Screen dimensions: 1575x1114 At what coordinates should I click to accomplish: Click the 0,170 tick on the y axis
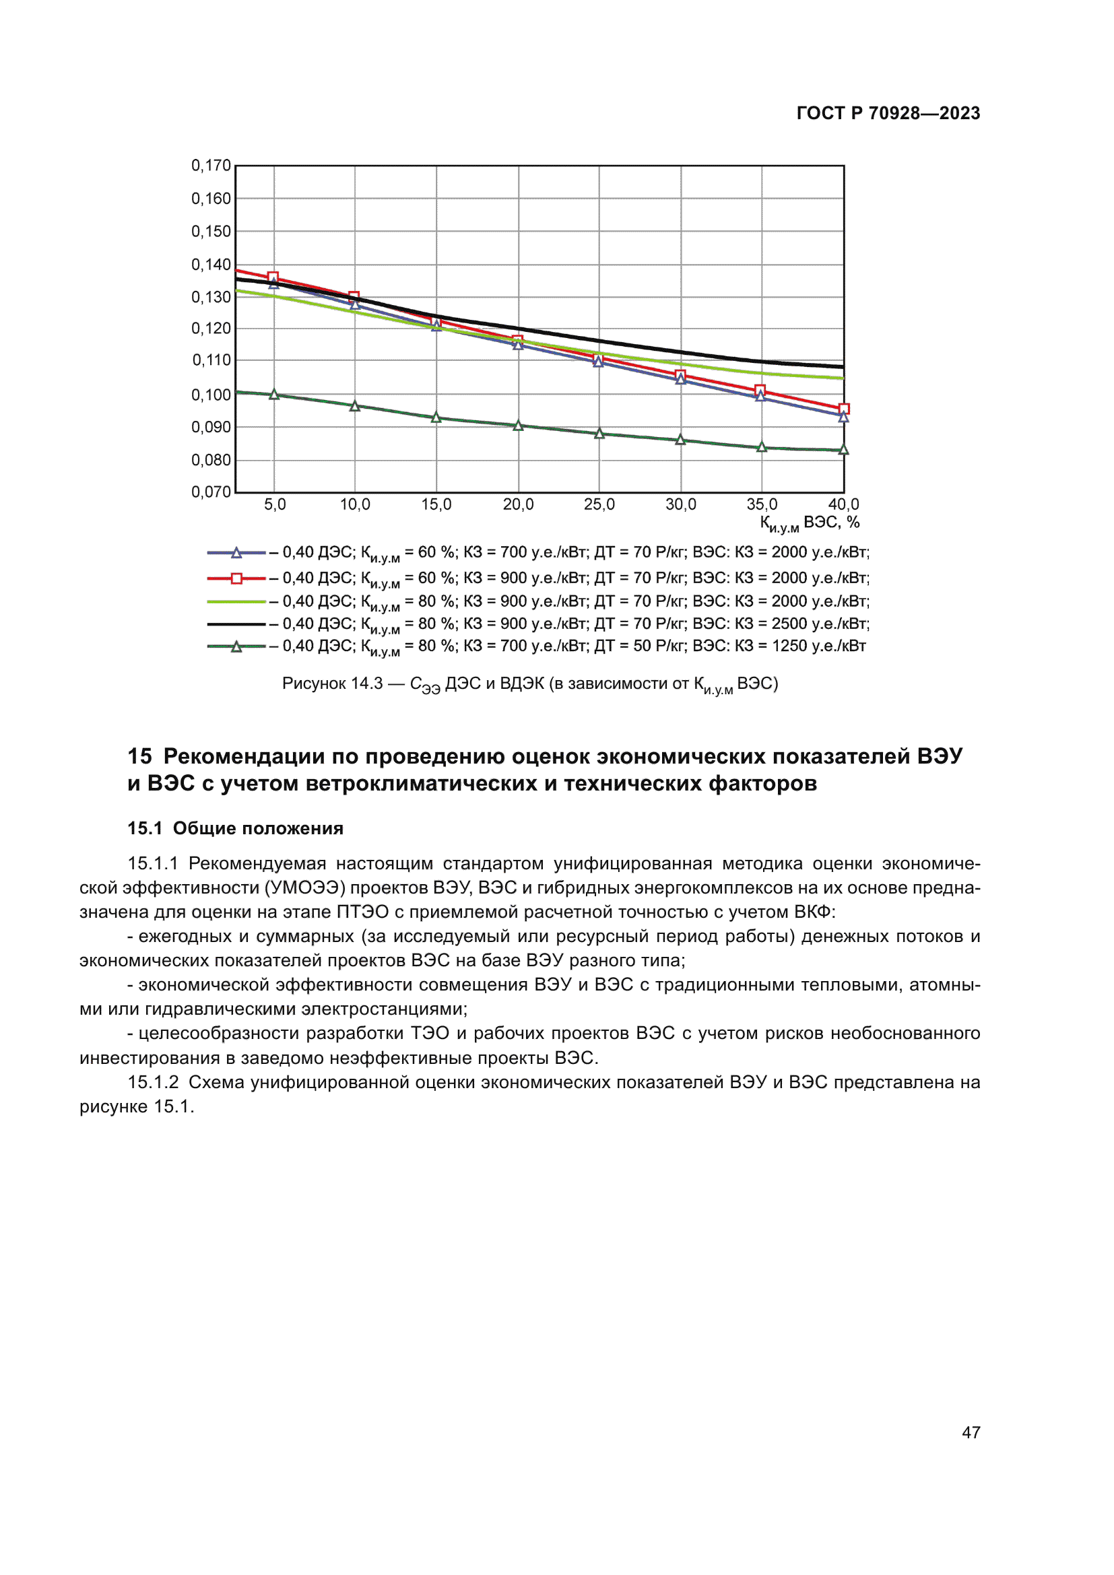[211, 166]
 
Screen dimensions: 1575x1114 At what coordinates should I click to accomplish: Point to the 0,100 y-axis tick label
[211, 395]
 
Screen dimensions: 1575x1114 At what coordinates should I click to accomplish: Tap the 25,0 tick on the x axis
[599, 505]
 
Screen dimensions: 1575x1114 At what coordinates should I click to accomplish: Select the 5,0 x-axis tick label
[274, 505]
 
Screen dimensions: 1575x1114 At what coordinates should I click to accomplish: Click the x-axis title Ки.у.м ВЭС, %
[809, 524]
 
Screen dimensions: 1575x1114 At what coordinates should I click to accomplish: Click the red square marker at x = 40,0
[844, 409]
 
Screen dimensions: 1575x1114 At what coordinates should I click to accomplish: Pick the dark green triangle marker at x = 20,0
[518, 426]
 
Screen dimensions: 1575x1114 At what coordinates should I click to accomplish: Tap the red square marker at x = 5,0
[273, 277]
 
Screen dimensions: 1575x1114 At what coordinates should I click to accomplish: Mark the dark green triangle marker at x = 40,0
[844, 450]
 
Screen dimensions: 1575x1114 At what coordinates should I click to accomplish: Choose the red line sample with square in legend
[236, 578]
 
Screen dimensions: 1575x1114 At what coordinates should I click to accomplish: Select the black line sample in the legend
[236, 624]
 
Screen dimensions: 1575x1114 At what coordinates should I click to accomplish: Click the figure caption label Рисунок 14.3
[332, 684]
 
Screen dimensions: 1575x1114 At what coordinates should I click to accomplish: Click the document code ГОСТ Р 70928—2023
[888, 113]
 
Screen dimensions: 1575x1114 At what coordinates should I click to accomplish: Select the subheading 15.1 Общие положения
[235, 828]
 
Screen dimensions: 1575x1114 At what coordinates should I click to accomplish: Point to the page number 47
[971, 1432]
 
